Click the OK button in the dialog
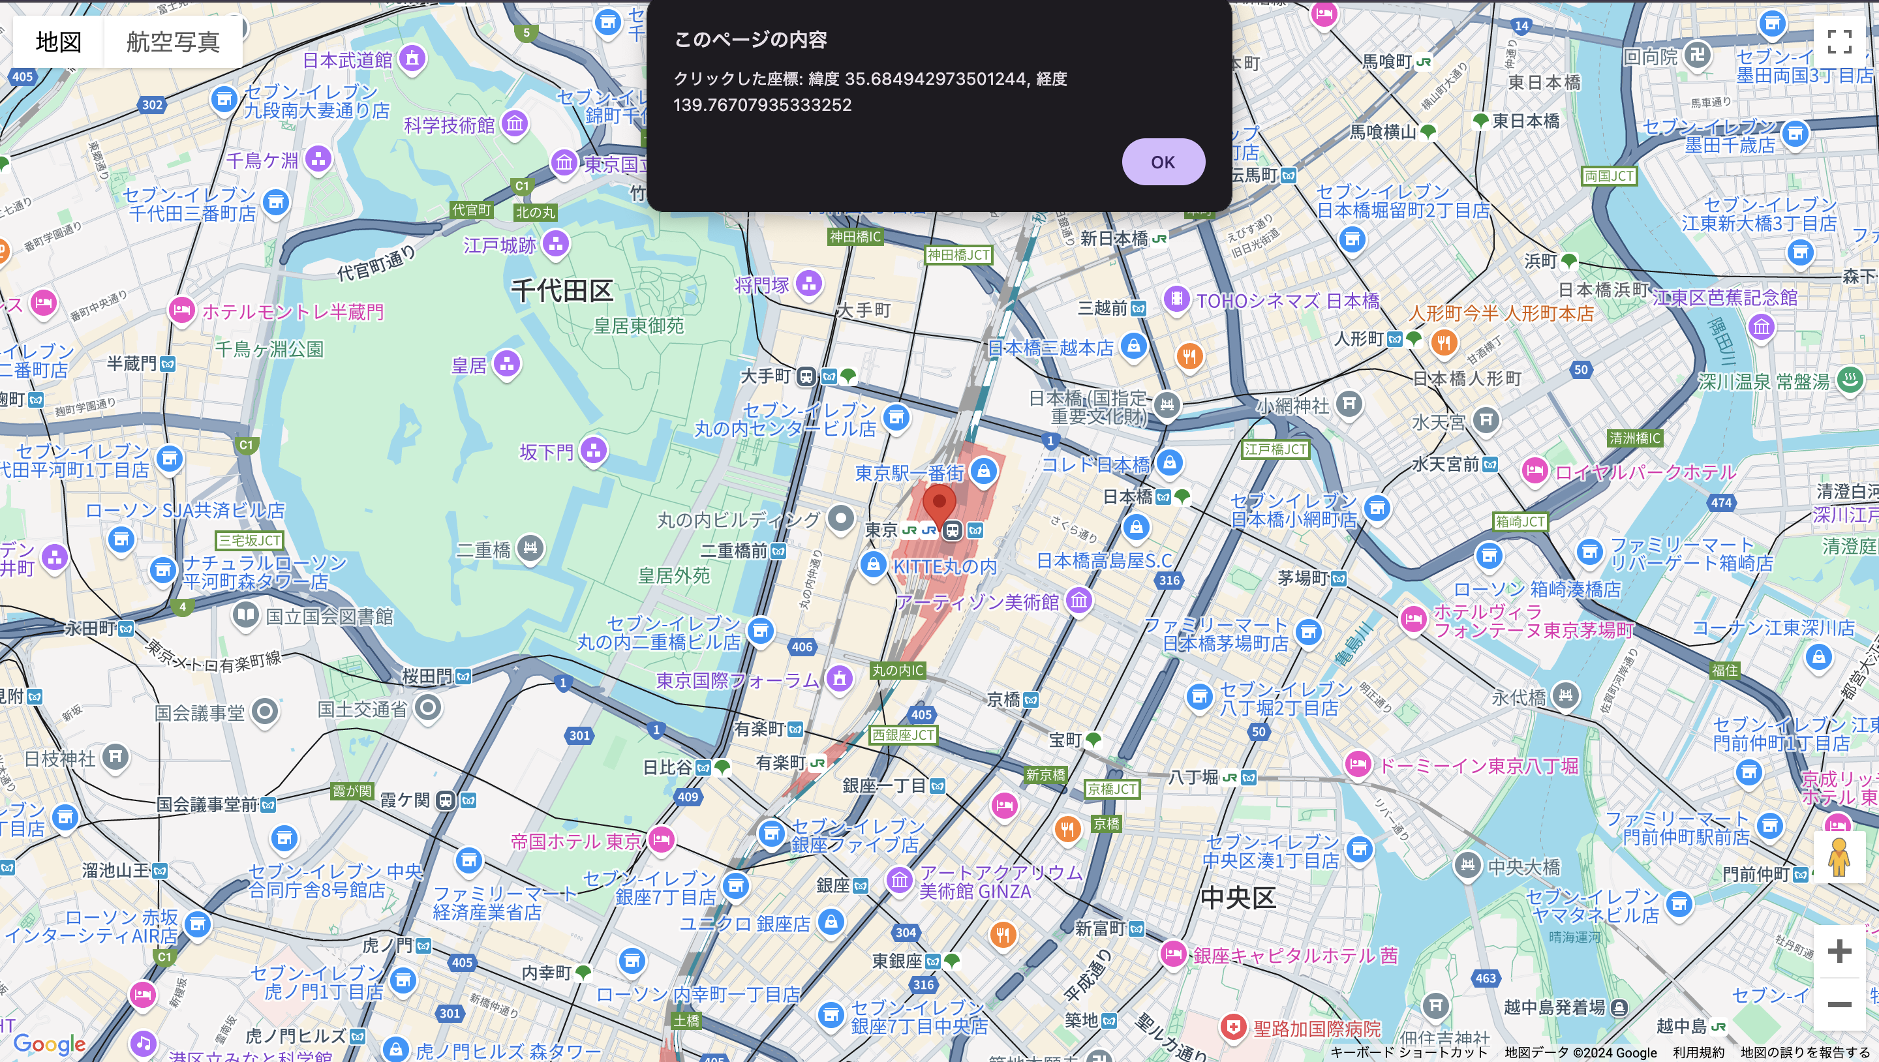pyautogui.click(x=1163, y=162)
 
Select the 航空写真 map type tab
pyautogui.click(x=173, y=42)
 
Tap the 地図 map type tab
pyautogui.click(x=58, y=42)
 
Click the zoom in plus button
pyautogui.click(x=1839, y=951)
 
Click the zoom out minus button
pyautogui.click(x=1839, y=1005)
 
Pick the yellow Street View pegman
pyautogui.click(x=1839, y=858)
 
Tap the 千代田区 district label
pyautogui.click(x=562, y=290)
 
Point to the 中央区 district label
pyautogui.click(x=1238, y=898)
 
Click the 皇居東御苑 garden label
pyautogui.click(x=639, y=326)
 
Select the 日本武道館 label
pyautogui.click(x=348, y=60)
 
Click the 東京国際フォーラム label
pyautogui.click(x=737, y=680)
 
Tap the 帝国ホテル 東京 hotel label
pyautogui.click(x=576, y=842)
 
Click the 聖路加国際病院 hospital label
pyautogui.click(x=1317, y=1029)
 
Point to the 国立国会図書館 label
pyautogui.click(x=329, y=617)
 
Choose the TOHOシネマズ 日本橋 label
pyautogui.click(x=1287, y=301)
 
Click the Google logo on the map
pyautogui.click(x=50, y=1044)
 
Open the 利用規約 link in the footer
pyautogui.click(x=1698, y=1052)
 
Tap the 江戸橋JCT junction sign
pyautogui.click(x=1275, y=449)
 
